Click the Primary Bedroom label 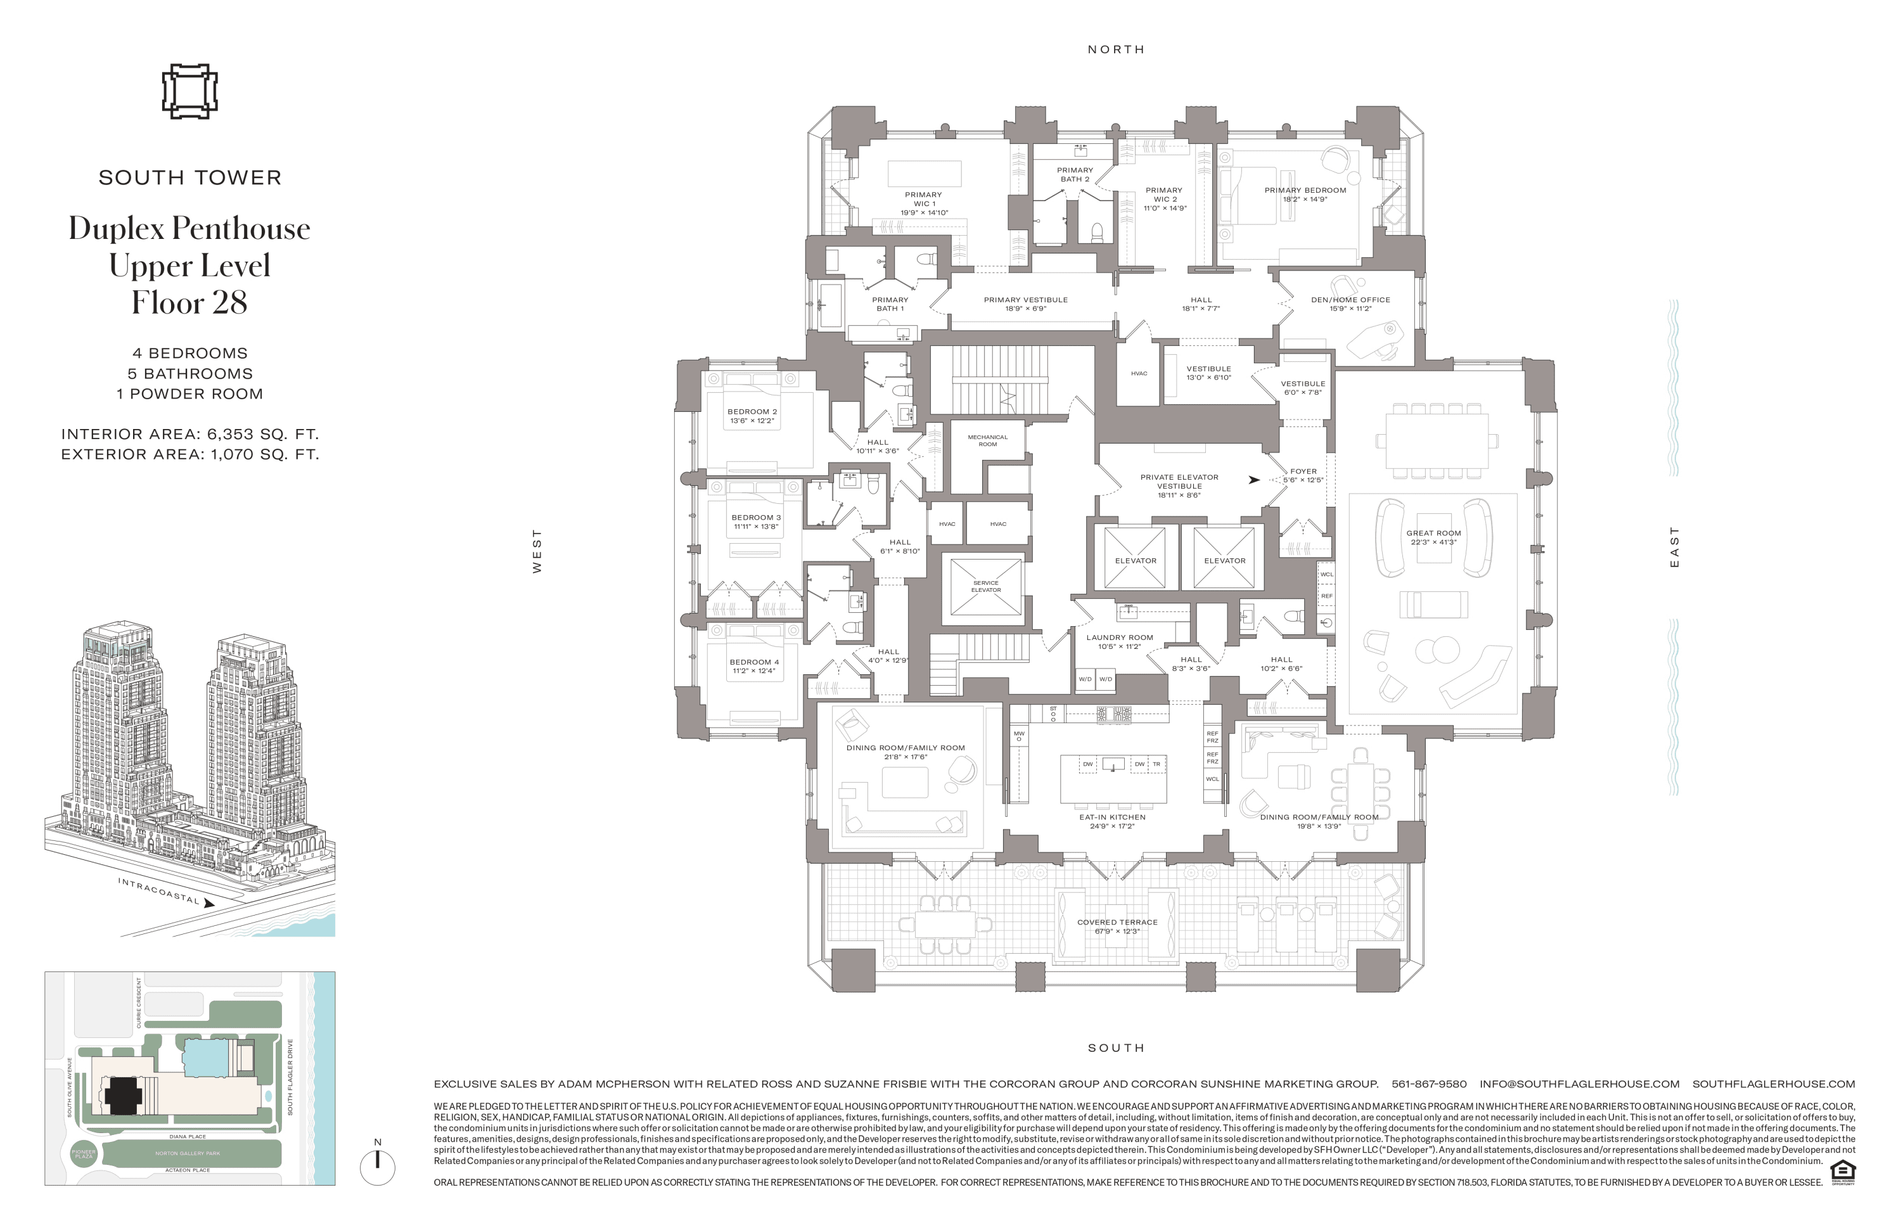pos(1304,190)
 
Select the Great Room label pos(1433,533)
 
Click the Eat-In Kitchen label pos(1112,817)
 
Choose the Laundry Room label pos(1119,637)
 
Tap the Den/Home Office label pos(1350,300)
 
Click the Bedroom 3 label pos(755,518)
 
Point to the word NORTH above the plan pos(1116,49)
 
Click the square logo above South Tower pos(189,91)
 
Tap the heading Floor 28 pos(189,303)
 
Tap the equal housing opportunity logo pos(1843,1172)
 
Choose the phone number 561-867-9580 pos(1428,1084)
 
